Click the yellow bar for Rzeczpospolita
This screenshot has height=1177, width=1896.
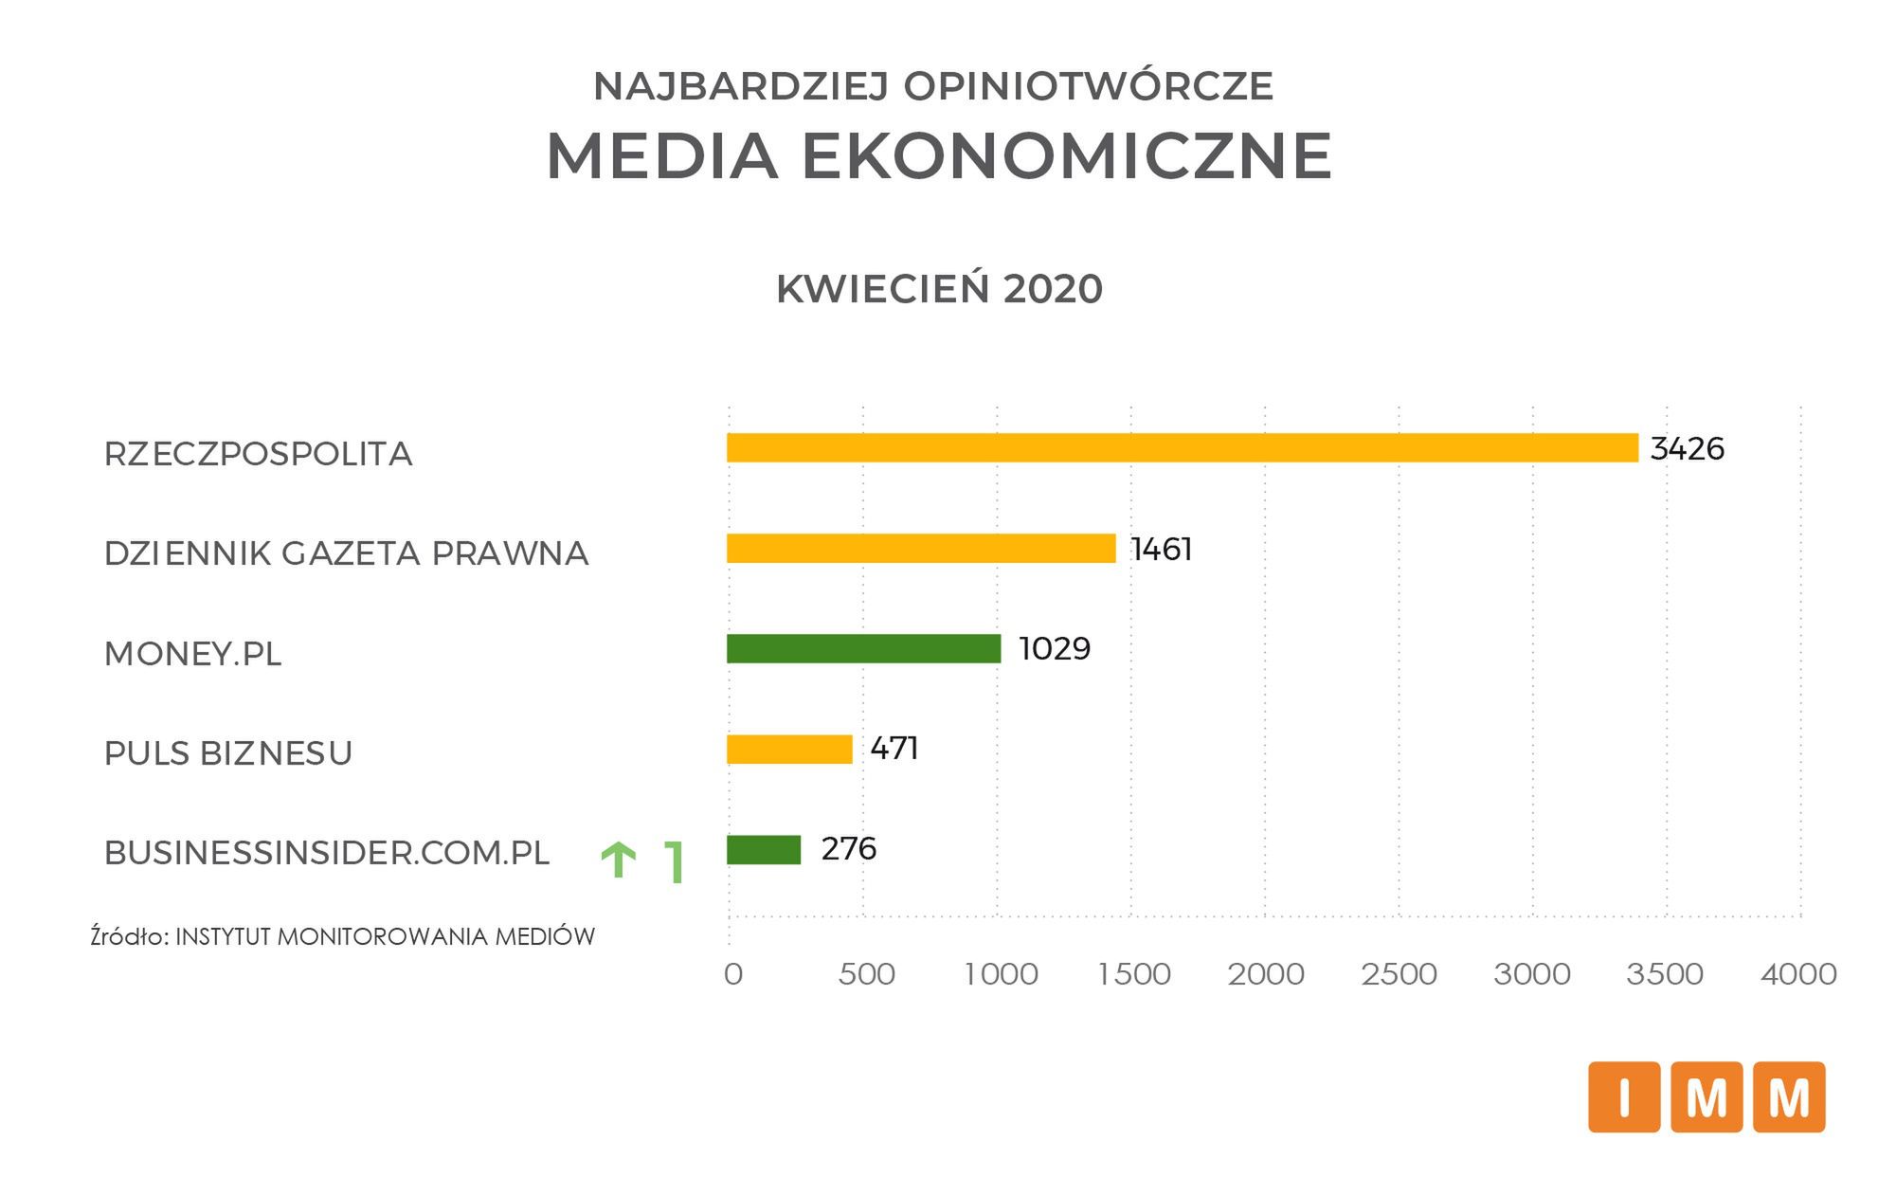click(1182, 448)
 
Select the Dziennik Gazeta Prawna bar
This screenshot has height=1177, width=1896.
click(921, 549)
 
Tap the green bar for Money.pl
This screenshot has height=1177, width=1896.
click(863, 649)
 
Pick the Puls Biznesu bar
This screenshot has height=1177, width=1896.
click(789, 750)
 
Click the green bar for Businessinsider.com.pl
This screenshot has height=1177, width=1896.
click(764, 850)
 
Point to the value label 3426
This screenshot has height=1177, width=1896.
click(1687, 449)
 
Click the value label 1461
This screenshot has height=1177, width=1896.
click(1161, 550)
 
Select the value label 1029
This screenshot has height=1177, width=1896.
click(1055, 649)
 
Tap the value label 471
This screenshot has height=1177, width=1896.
click(894, 749)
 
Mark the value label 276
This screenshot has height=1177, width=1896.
click(848, 849)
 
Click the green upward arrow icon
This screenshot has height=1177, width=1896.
click(619, 860)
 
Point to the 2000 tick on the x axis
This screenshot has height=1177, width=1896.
click(1266, 974)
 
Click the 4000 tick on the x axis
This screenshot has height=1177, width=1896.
click(1798, 974)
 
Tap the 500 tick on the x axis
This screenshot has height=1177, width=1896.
click(866, 974)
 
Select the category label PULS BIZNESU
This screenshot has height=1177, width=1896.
click(228, 753)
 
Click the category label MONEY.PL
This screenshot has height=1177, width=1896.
click(192, 654)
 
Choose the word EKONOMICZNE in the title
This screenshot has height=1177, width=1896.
click(1068, 156)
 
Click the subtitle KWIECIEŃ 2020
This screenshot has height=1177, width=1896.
click(939, 289)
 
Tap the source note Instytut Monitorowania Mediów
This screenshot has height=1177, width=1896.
click(342, 937)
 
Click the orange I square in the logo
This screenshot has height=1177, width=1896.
click(1624, 1097)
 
